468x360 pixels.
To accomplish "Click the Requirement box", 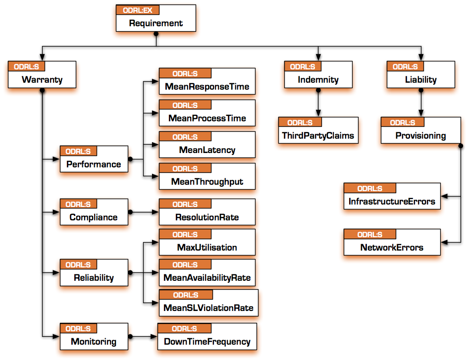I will (156, 23).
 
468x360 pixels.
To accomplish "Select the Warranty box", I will (42, 80).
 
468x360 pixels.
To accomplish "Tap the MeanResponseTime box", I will (207, 87).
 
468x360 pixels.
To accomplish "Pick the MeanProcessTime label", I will (207, 118).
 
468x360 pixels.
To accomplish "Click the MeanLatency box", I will (207, 150).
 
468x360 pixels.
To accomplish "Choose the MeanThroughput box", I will (207, 181).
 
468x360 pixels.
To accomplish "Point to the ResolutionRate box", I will (207, 217).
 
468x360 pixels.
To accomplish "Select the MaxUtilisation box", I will (207, 247).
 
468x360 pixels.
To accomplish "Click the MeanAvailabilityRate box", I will (207, 277).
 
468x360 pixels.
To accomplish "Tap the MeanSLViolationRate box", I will (208, 308).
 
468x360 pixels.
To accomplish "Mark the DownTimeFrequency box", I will (207, 341).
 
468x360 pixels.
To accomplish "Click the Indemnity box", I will (318, 79).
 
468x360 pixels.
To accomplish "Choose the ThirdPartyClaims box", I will (317, 135).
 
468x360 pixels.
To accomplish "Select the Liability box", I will (420, 79).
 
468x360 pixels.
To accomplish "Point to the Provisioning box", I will (420, 135).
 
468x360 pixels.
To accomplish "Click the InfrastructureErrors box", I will (392, 201).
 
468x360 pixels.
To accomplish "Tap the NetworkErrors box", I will (392, 247).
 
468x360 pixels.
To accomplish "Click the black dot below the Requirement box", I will (156, 35).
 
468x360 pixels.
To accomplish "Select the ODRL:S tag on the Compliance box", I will (78, 204).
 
